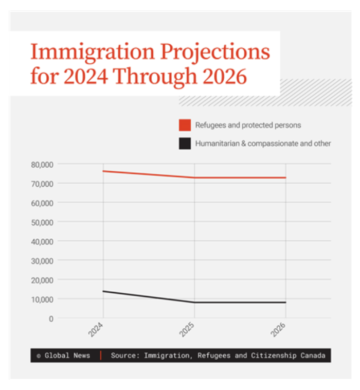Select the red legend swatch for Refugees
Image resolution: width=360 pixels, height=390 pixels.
point(185,125)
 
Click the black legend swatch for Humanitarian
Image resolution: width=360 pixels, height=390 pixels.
point(185,144)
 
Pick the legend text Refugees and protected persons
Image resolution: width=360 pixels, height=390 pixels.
point(248,125)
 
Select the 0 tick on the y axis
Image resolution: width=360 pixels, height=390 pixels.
point(50,318)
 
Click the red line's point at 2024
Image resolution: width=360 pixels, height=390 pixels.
point(103,171)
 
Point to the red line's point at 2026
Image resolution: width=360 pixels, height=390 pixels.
point(285,178)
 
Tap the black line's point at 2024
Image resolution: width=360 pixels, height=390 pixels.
point(103,291)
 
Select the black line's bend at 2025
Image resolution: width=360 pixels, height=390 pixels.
point(194,302)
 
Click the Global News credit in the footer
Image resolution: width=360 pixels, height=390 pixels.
point(63,356)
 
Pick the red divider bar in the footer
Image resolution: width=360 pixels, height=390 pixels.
point(101,356)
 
